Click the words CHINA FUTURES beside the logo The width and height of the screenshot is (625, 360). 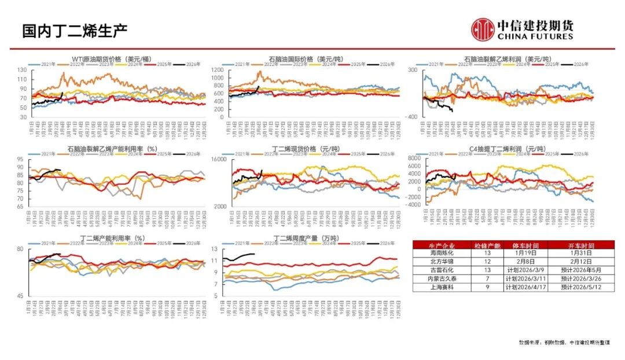coord(535,36)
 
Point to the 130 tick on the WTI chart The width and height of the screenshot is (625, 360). coord(23,70)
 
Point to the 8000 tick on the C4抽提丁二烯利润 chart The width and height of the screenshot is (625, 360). coord(413,158)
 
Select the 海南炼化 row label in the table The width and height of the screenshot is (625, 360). coord(442,252)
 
